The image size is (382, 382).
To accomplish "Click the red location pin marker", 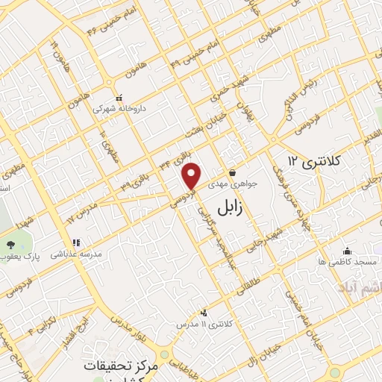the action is click(192, 175).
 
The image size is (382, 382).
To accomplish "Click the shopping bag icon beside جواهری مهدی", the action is click(232, 172).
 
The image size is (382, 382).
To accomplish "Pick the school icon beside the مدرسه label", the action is click(75, 242).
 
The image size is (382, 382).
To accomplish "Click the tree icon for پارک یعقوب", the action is click(10, 245).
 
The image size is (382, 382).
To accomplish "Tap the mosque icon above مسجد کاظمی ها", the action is click(347, 251).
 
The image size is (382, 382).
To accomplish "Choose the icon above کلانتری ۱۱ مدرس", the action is click(204, 313).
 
